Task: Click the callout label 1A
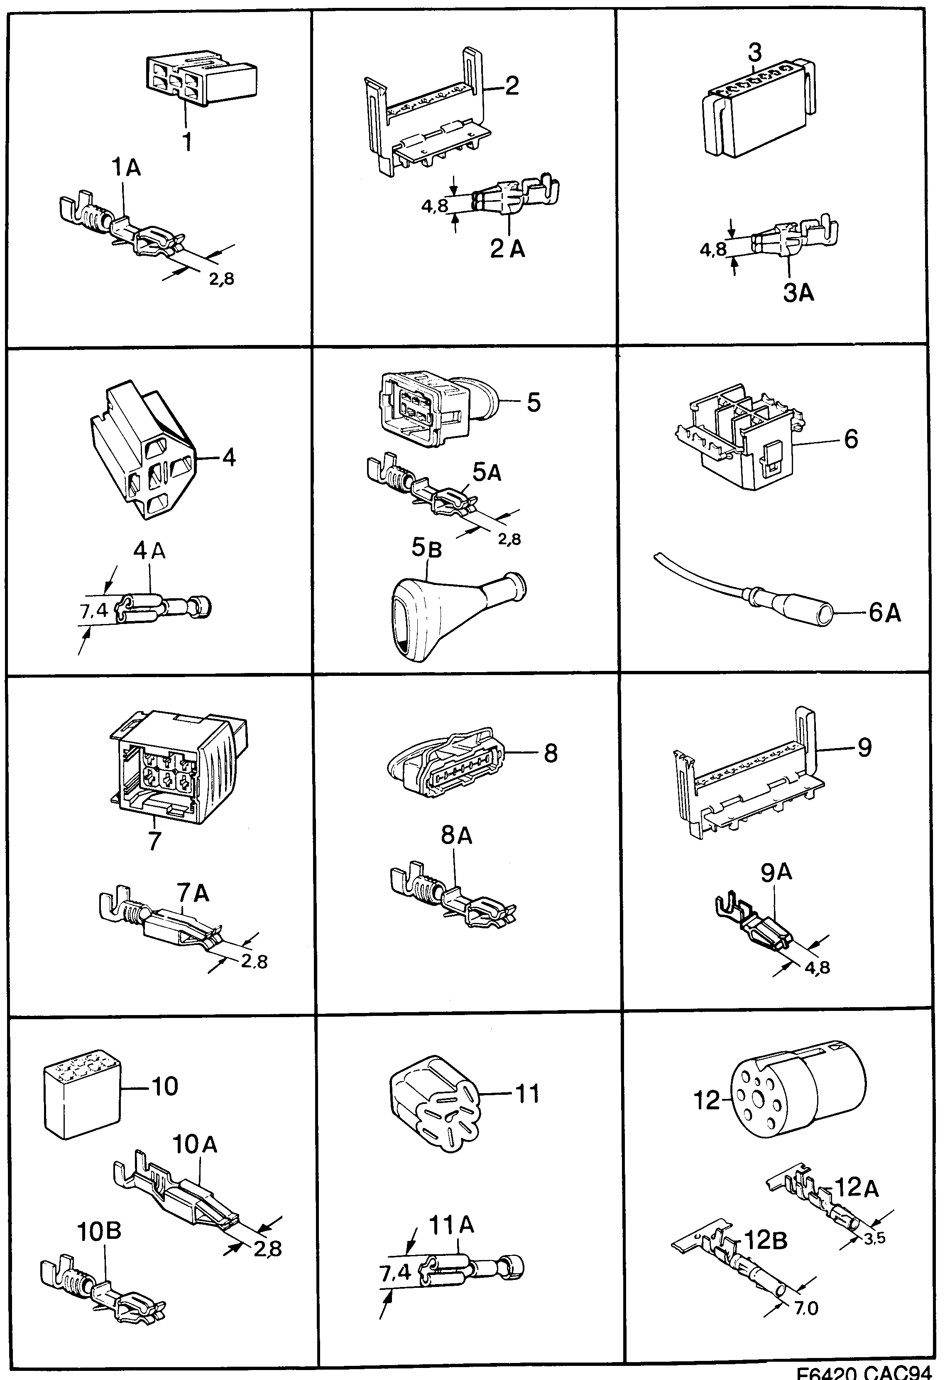pyautogui.click(x=126, y=168)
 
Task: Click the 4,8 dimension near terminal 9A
pyautogui.click(x=817, y=967)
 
